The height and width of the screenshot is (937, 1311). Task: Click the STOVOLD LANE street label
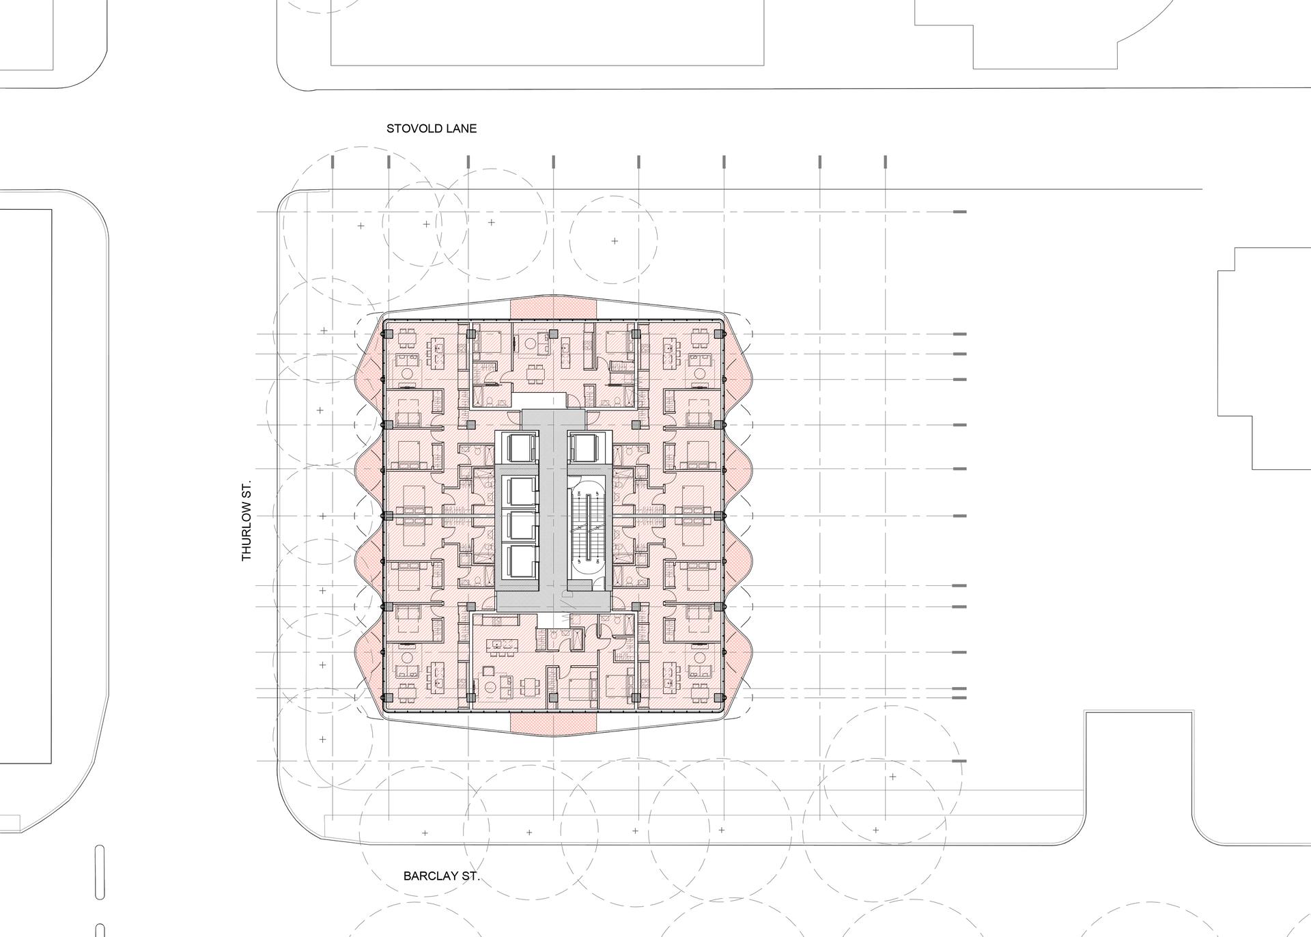coord(432,128)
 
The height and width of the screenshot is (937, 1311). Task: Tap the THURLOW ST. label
coord(246,520)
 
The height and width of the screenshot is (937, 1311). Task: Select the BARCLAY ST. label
coord(441,876)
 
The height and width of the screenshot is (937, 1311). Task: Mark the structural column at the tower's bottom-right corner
coord(719,697)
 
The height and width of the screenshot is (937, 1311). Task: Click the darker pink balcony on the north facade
coord(554,307)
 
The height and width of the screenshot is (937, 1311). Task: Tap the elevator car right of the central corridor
coord(589,447)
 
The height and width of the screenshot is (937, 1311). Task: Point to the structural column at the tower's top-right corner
coord(719,334)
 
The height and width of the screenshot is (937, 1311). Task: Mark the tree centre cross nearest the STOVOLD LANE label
coord(426,224)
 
